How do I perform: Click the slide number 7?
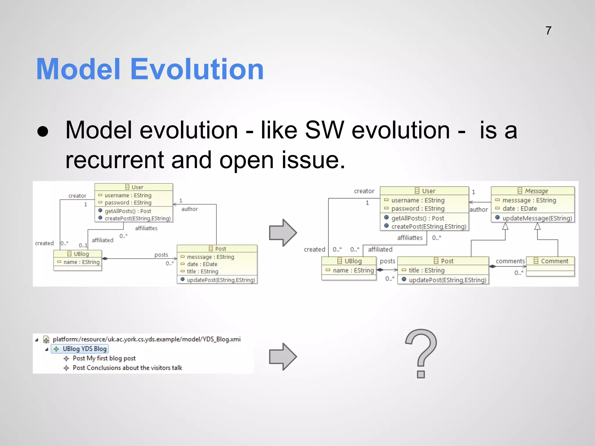548,31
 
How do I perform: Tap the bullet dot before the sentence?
43,131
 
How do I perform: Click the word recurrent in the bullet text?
114,160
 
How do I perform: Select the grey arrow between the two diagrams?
283,233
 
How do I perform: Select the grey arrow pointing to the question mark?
283,357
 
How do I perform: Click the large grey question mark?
421,353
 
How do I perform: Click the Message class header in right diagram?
533,191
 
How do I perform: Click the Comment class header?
551,261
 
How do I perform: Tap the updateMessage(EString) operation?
537,218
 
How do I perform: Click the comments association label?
510,261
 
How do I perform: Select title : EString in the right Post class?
426,270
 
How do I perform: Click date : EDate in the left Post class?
202,264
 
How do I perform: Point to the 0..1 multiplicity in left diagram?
83,245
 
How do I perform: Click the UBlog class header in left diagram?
78,254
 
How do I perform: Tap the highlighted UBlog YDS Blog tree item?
80,349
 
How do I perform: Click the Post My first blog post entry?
104,358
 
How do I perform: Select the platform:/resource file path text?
146,339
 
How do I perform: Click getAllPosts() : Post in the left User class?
128,211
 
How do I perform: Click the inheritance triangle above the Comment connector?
537,226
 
